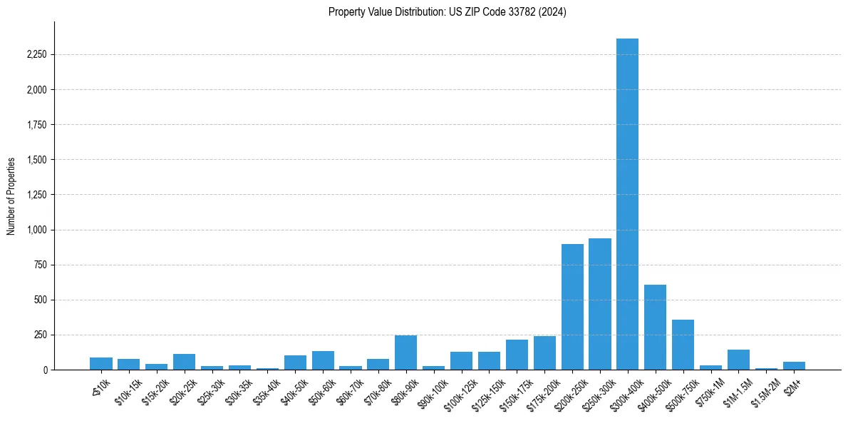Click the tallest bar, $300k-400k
tap(627, 207)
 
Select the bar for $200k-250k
tap(572, 307)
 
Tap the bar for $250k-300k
tap(600, 305)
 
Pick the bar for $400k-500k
tap(655, 328)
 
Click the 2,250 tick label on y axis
tap(36, 55)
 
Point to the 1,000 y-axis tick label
tap(36, 230)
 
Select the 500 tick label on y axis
tap(40, 300)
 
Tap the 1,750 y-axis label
tap(36, 125)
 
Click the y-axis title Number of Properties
tap(11, 196)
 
